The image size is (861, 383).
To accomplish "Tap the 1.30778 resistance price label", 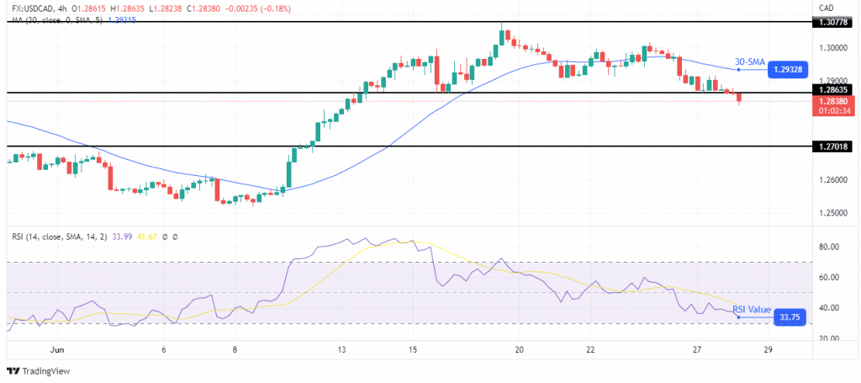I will coord(834,22).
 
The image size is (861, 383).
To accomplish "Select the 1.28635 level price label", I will coord(834,89).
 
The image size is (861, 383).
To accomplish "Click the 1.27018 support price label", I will coord(834,146).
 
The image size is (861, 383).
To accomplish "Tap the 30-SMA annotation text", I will coord(748,62).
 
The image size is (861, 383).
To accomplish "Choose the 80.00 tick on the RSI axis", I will coord(829,247).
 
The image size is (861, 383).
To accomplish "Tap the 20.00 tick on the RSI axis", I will coord(829,338).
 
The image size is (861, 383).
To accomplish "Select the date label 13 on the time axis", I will coord(341,350).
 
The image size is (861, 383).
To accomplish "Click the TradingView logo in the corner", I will coord(39,371).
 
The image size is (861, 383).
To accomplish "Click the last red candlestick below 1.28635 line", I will coord(739,98).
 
